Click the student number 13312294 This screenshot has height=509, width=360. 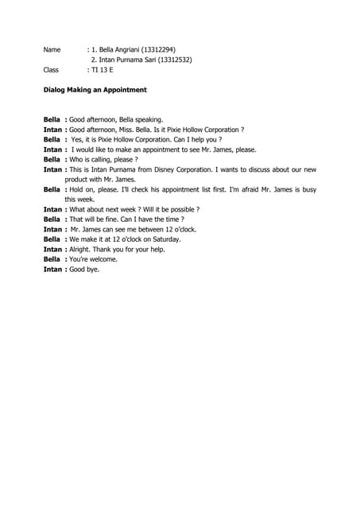pos(168,49)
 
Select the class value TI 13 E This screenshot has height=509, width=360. pos(101,70)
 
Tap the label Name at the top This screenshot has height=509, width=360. pos(52,49)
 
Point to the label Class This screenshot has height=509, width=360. pos(51,70)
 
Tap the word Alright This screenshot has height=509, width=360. pos(82,249)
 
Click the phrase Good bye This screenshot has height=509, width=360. pos(84,269)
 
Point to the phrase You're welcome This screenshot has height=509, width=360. pos(93,259)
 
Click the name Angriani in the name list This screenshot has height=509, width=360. pos(128,49)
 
